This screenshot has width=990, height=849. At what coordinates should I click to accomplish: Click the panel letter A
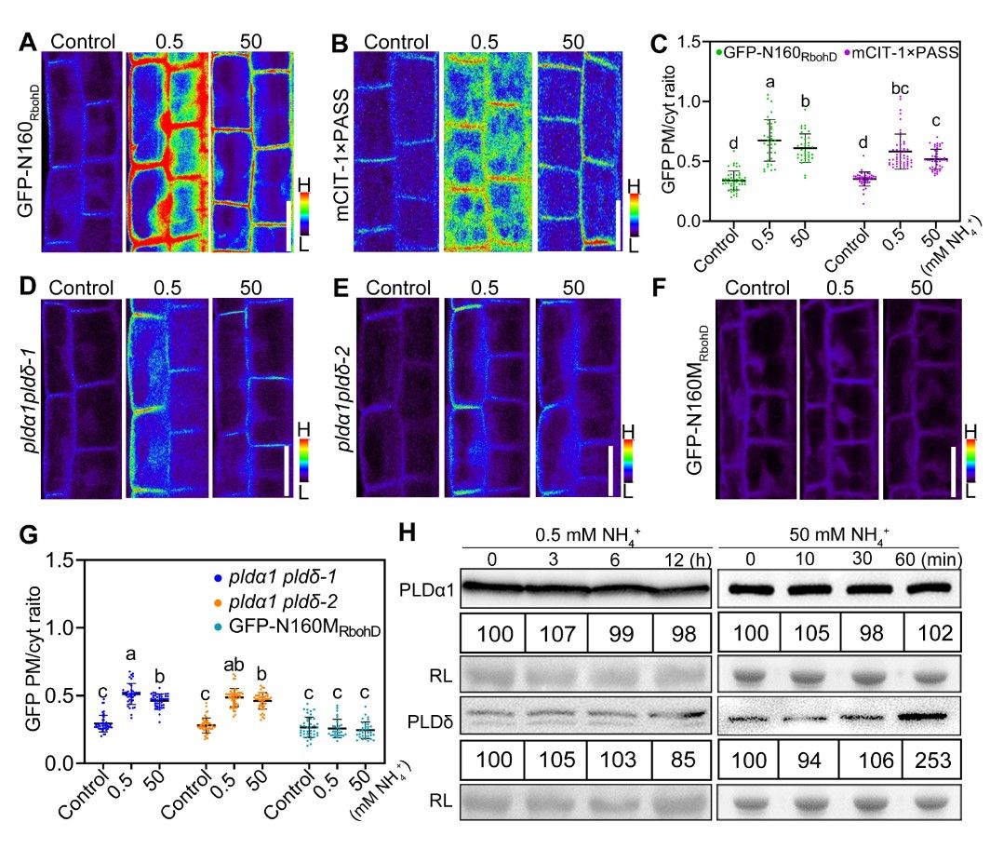coord(28,42)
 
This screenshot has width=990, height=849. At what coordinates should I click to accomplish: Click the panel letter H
coord(408,535)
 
